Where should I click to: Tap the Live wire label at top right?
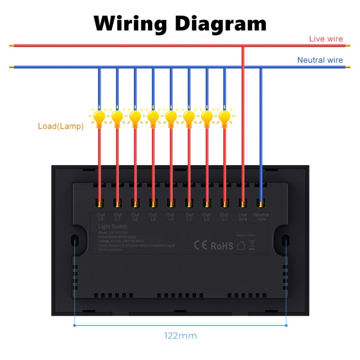(326, 39)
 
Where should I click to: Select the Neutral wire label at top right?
(319, 60)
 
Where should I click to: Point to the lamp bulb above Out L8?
(99, 118)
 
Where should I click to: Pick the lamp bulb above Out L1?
(225, 118)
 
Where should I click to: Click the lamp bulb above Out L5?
(153, 118)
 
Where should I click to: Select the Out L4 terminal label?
(170, 217)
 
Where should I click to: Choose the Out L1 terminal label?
(224, 217)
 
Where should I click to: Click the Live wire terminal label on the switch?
(243, 217)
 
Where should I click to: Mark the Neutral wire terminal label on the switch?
(261, 217)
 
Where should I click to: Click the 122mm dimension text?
(180, 336)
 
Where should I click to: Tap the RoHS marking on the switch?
(222, 246)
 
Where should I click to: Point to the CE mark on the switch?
(200, 246)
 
